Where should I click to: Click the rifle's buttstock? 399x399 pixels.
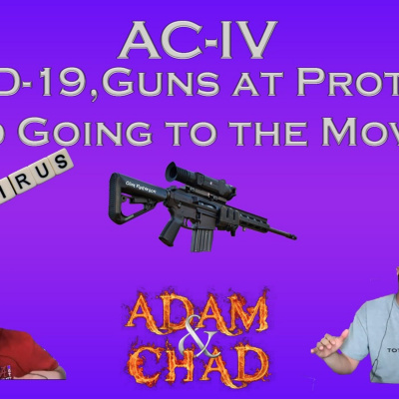pyautogui.click(x=131, y=192)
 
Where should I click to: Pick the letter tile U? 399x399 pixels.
pyautogui.click(x=42, y=167)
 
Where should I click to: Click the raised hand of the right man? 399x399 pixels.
pyautogui.click(x=324, y=344)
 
